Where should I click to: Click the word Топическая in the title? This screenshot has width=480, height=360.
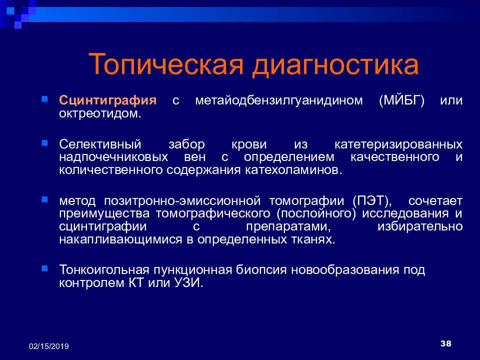pos(166,64)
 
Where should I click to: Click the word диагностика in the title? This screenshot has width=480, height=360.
pos(335,65)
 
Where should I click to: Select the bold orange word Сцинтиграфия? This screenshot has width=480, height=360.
pos(108,100)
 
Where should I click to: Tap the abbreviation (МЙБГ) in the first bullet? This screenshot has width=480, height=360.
pos(401,100)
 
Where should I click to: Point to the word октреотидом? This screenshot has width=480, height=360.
pos(100,113)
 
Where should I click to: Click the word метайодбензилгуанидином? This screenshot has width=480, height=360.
pos(279,100)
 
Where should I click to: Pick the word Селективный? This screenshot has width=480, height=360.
pos(100,144)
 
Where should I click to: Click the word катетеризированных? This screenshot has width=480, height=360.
pos(398,144)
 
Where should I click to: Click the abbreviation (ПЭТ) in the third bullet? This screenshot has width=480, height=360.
pos(372,201)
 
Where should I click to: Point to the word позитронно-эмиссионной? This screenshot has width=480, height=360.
pos(182,201)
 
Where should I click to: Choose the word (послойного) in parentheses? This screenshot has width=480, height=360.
pos(316,213)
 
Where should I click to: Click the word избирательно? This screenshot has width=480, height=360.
pos(420,226)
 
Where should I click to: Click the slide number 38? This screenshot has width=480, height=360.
pos(445,343)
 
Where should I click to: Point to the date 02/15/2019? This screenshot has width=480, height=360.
pos(49,346)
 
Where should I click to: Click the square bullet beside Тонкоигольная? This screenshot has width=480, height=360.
pos(44,269)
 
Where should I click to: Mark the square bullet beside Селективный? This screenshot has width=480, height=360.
pos(44,143)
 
